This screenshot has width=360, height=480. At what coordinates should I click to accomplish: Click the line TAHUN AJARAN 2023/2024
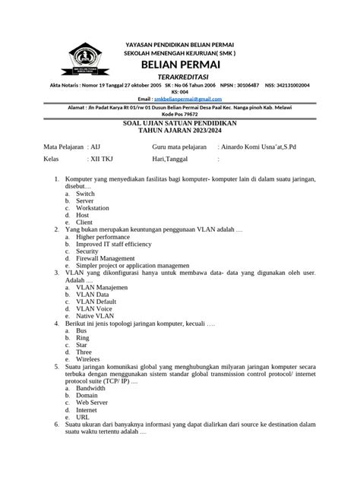180,130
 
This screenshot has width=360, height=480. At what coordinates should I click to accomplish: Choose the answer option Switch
85,194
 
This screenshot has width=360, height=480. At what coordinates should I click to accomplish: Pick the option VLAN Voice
94,308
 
